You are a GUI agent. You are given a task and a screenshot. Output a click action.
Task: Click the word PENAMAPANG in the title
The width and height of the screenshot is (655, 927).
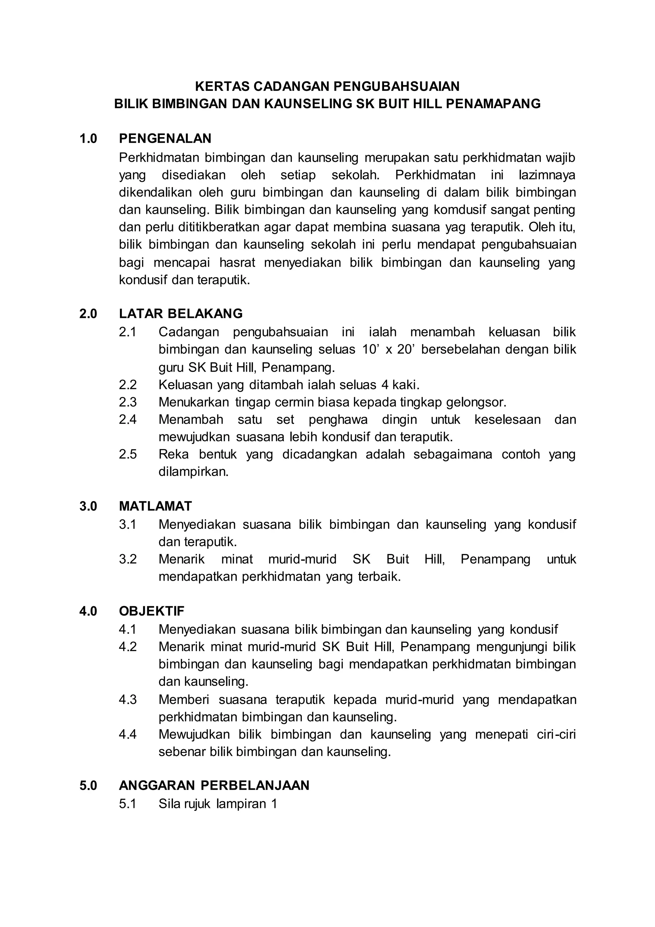[x=493, y=104]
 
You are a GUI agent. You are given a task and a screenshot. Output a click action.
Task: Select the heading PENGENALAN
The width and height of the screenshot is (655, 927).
[x=165, y=139]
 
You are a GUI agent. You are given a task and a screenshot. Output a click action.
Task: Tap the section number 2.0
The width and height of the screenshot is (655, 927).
[x=88, y=314]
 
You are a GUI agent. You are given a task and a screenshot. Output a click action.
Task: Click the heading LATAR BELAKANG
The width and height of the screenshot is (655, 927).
[x=181, y=314]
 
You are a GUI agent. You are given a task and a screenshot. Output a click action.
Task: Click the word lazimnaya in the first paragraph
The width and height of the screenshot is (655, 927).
[x=547, y=175]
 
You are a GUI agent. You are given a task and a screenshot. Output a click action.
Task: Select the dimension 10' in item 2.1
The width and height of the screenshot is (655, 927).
[x=371, y=349]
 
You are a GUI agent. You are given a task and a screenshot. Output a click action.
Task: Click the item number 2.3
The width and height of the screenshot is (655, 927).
[x=128, y=402]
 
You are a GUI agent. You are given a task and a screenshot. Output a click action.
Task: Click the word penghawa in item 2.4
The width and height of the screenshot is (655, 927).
[x=338, y=420]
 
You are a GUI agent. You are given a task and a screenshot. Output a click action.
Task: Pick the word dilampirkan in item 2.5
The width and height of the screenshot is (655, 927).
[x=193, y=472]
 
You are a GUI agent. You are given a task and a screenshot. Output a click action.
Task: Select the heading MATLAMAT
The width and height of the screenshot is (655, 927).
[x=155, y=506]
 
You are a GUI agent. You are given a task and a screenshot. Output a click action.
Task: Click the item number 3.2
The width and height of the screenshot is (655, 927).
[x=128, y=559]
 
